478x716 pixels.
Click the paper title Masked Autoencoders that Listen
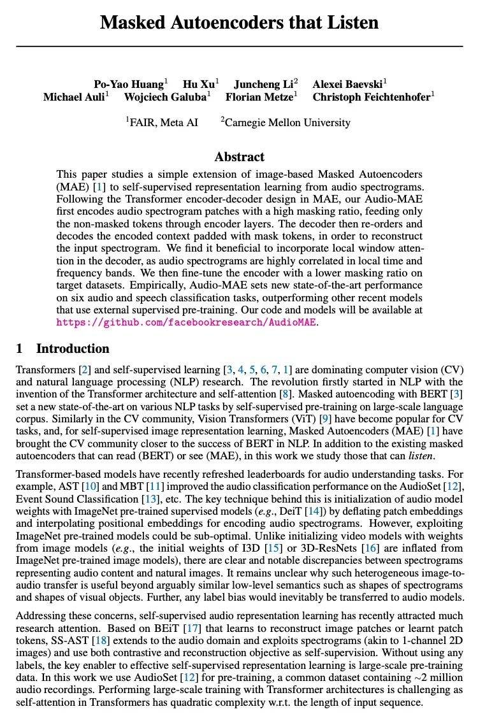(239, 24)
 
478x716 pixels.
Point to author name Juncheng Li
(261, 83)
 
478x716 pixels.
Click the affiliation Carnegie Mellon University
(287, 122)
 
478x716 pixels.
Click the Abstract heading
(239, 157)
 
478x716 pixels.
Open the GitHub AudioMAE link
(186, 322)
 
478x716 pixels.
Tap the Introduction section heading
(72, 348)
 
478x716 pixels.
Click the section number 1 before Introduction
(19, 348)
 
